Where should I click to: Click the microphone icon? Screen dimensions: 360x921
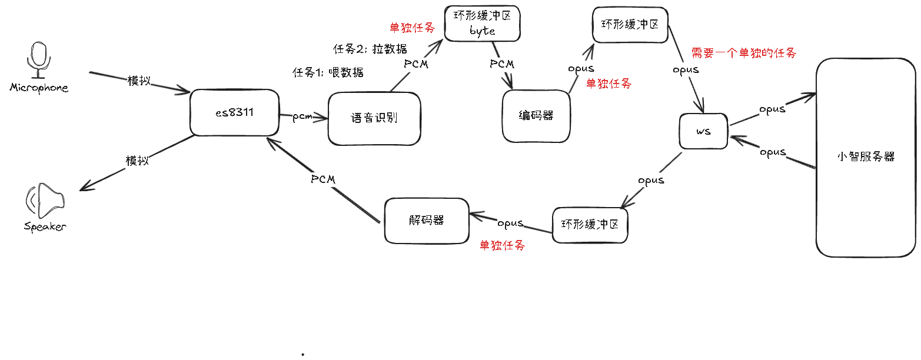39,59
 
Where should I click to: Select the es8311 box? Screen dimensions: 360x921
234,112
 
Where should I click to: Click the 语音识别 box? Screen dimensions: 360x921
374,118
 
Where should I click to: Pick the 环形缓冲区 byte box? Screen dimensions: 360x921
482,24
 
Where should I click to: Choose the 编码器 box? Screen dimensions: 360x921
536,116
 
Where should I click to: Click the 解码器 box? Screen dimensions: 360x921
426,221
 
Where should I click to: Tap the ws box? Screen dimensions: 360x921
703,131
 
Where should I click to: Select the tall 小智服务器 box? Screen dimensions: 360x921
865,157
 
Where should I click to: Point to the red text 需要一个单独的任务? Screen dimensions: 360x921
744,53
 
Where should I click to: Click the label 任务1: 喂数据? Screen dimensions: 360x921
328,72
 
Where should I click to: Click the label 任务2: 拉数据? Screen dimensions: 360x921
370,49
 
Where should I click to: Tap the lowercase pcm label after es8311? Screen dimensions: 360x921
302,117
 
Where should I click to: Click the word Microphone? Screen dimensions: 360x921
39,88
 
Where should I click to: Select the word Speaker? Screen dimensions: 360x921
45,227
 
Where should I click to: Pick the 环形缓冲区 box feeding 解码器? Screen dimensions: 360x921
590,225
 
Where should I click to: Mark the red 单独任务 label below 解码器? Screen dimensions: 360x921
502,245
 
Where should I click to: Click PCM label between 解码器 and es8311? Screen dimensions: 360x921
323,179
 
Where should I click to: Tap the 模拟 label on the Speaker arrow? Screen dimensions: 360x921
137,161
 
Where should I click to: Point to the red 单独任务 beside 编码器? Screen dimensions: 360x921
609,84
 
